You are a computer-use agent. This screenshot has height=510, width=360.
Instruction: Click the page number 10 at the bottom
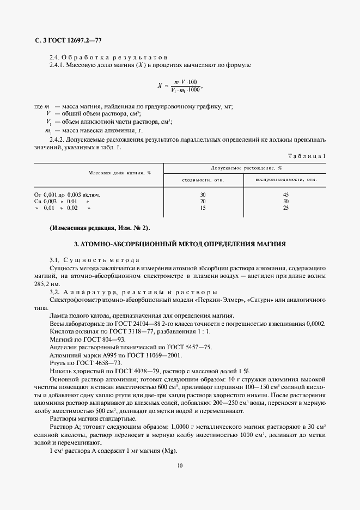coord(180,465)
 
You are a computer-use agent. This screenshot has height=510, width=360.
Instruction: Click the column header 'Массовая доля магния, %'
coord(119,173)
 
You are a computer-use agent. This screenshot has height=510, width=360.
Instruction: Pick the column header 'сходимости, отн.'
coord(203,179)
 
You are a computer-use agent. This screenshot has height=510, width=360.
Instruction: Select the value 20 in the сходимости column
coord(203,201)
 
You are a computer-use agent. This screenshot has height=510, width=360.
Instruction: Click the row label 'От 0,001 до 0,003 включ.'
coord(68,194)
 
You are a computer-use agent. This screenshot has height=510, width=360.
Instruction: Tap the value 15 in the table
coord(203,208)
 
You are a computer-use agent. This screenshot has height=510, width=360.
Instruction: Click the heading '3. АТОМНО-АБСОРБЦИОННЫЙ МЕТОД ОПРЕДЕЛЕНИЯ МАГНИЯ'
coord(180,243)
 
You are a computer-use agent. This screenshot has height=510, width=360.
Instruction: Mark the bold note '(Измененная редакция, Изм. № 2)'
coord(99,227)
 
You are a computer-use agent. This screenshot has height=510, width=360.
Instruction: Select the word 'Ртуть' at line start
coord(57,362)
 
